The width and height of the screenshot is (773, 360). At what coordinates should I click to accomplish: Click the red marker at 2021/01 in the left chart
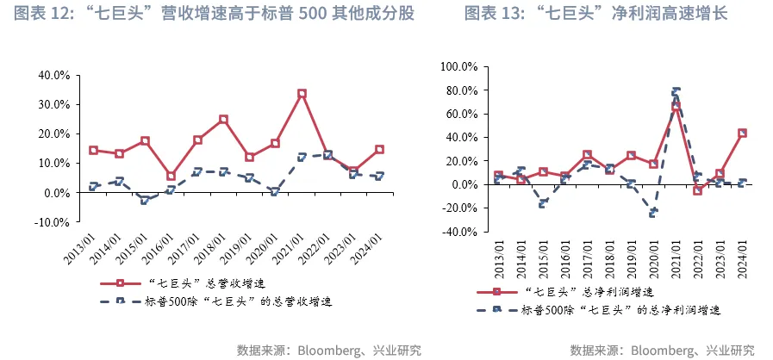pyautogui.click(x=302, y=93)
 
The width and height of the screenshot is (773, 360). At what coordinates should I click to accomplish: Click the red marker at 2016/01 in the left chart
pyautogui.click(x=171, y=176)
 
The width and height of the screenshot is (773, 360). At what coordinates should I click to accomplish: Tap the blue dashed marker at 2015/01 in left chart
pyautogui.click(x=145, y=200)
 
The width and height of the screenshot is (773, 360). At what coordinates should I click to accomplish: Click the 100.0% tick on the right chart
pyautogui.click(x=458, y=66)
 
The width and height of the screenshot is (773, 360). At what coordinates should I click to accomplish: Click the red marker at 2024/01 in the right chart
pyautogui.click(x=742, y=133)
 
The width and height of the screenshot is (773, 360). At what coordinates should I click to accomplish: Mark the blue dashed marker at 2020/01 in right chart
pyautogui.click(x=653, y=213)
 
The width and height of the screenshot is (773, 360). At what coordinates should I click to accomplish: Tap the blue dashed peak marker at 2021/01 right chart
pyautogui.click(x=676, y=90)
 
